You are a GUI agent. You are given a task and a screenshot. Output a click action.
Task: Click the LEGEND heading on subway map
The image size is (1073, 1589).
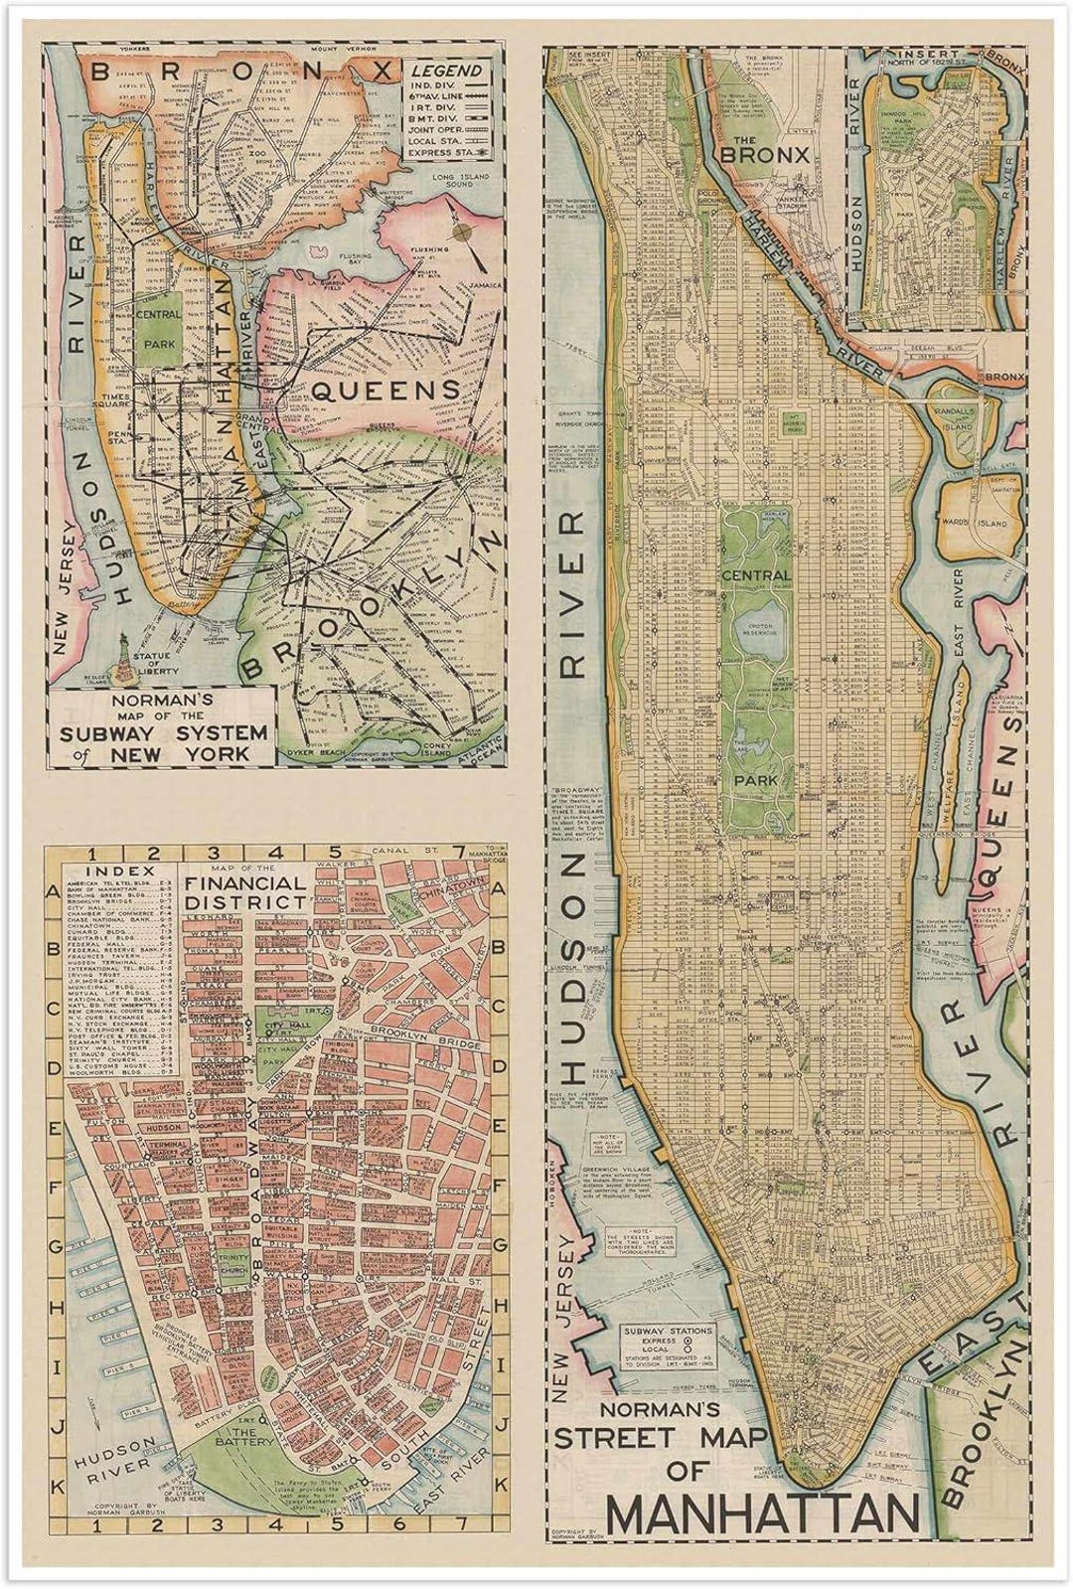448,71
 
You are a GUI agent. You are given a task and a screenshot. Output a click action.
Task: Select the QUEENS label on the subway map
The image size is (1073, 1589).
386,390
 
